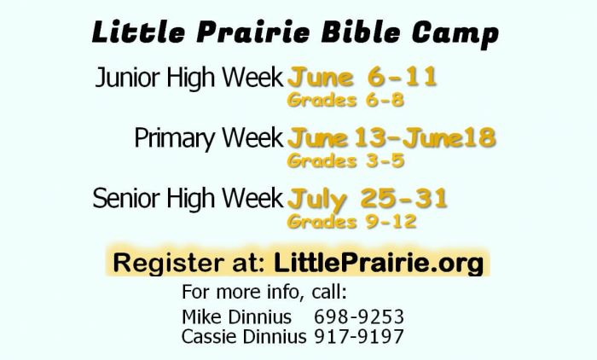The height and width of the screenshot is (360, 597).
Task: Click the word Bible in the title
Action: tap(361, 32)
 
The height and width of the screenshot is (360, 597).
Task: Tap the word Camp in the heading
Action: tap(455, 34)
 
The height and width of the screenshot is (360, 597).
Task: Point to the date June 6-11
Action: tap(362, 78)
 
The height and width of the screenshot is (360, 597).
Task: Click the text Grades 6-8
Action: tap(345, 100)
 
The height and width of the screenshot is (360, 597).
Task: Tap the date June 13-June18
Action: tap(391, 137)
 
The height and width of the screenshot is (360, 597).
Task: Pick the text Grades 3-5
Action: tap(345, 160)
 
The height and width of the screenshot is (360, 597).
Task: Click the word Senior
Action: tap(126, 198)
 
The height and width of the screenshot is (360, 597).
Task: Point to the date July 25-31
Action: tap(367, 200)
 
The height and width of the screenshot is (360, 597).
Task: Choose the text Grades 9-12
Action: tap(351, 221)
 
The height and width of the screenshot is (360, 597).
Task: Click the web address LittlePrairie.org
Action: tap(379, 264)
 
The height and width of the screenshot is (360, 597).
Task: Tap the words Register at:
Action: tap(188, 263)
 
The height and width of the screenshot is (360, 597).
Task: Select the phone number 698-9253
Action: tap(359, 317)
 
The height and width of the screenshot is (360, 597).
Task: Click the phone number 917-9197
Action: tap(359, 337)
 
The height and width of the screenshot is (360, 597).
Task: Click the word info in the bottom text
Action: tap(285, 292)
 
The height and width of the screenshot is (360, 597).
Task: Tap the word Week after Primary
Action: tap(252, 137)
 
